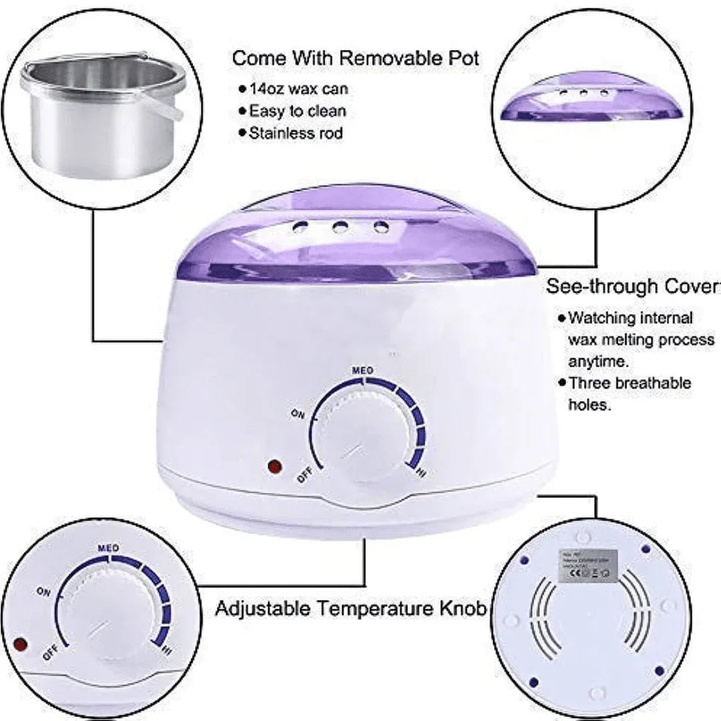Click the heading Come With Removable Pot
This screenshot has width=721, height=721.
(x=355, y=58)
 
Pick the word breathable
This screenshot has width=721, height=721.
(x=652, y=383)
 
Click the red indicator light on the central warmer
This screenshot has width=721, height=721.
(x=272, y=467)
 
